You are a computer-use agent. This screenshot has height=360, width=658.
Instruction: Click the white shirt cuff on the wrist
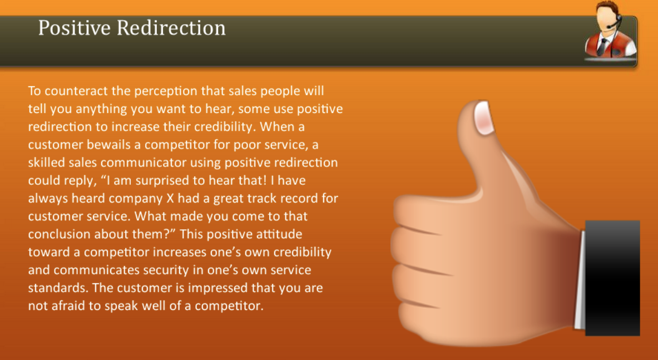point(580,278)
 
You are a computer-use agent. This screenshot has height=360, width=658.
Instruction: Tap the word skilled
point(47,162)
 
